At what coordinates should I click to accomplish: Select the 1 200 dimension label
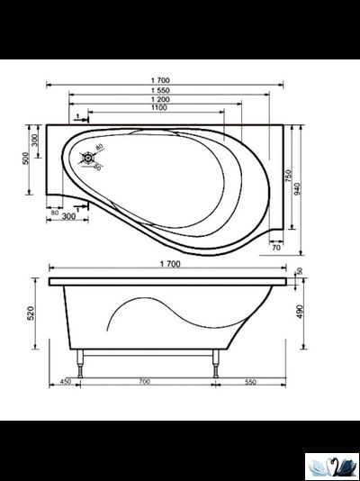(163, 99)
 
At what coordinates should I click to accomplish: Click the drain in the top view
(88, 159)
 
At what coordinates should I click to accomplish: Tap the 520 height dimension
(31, 313)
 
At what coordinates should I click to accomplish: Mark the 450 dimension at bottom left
(65, 382)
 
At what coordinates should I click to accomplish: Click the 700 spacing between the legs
(144, 382)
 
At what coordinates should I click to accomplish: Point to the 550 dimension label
(250, 382)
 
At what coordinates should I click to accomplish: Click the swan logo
(331, 466)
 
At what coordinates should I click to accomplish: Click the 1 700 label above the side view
(168, 263)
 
